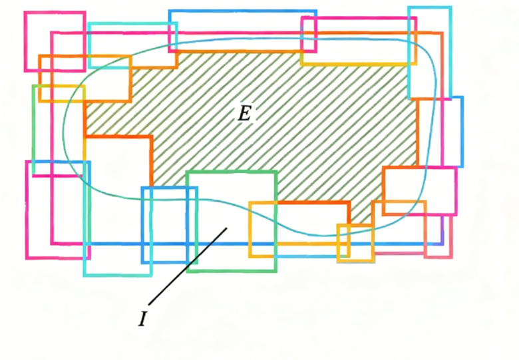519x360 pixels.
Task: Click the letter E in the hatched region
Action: tap(245, 114)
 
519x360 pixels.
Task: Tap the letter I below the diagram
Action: tap(142, 319)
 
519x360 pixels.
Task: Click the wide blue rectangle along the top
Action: tap(243, 11)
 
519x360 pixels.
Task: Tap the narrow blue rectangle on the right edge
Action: tap(462, 132)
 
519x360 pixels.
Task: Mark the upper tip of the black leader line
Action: tap(227, 228)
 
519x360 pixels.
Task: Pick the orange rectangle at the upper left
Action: tap(85, 57)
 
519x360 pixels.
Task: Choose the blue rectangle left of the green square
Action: tap(142, 225)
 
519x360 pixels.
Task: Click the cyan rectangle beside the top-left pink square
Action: tap(132, 24)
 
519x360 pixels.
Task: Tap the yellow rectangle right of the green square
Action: tap(250, 229)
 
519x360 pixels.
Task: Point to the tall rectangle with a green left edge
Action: tap(33, 130)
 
